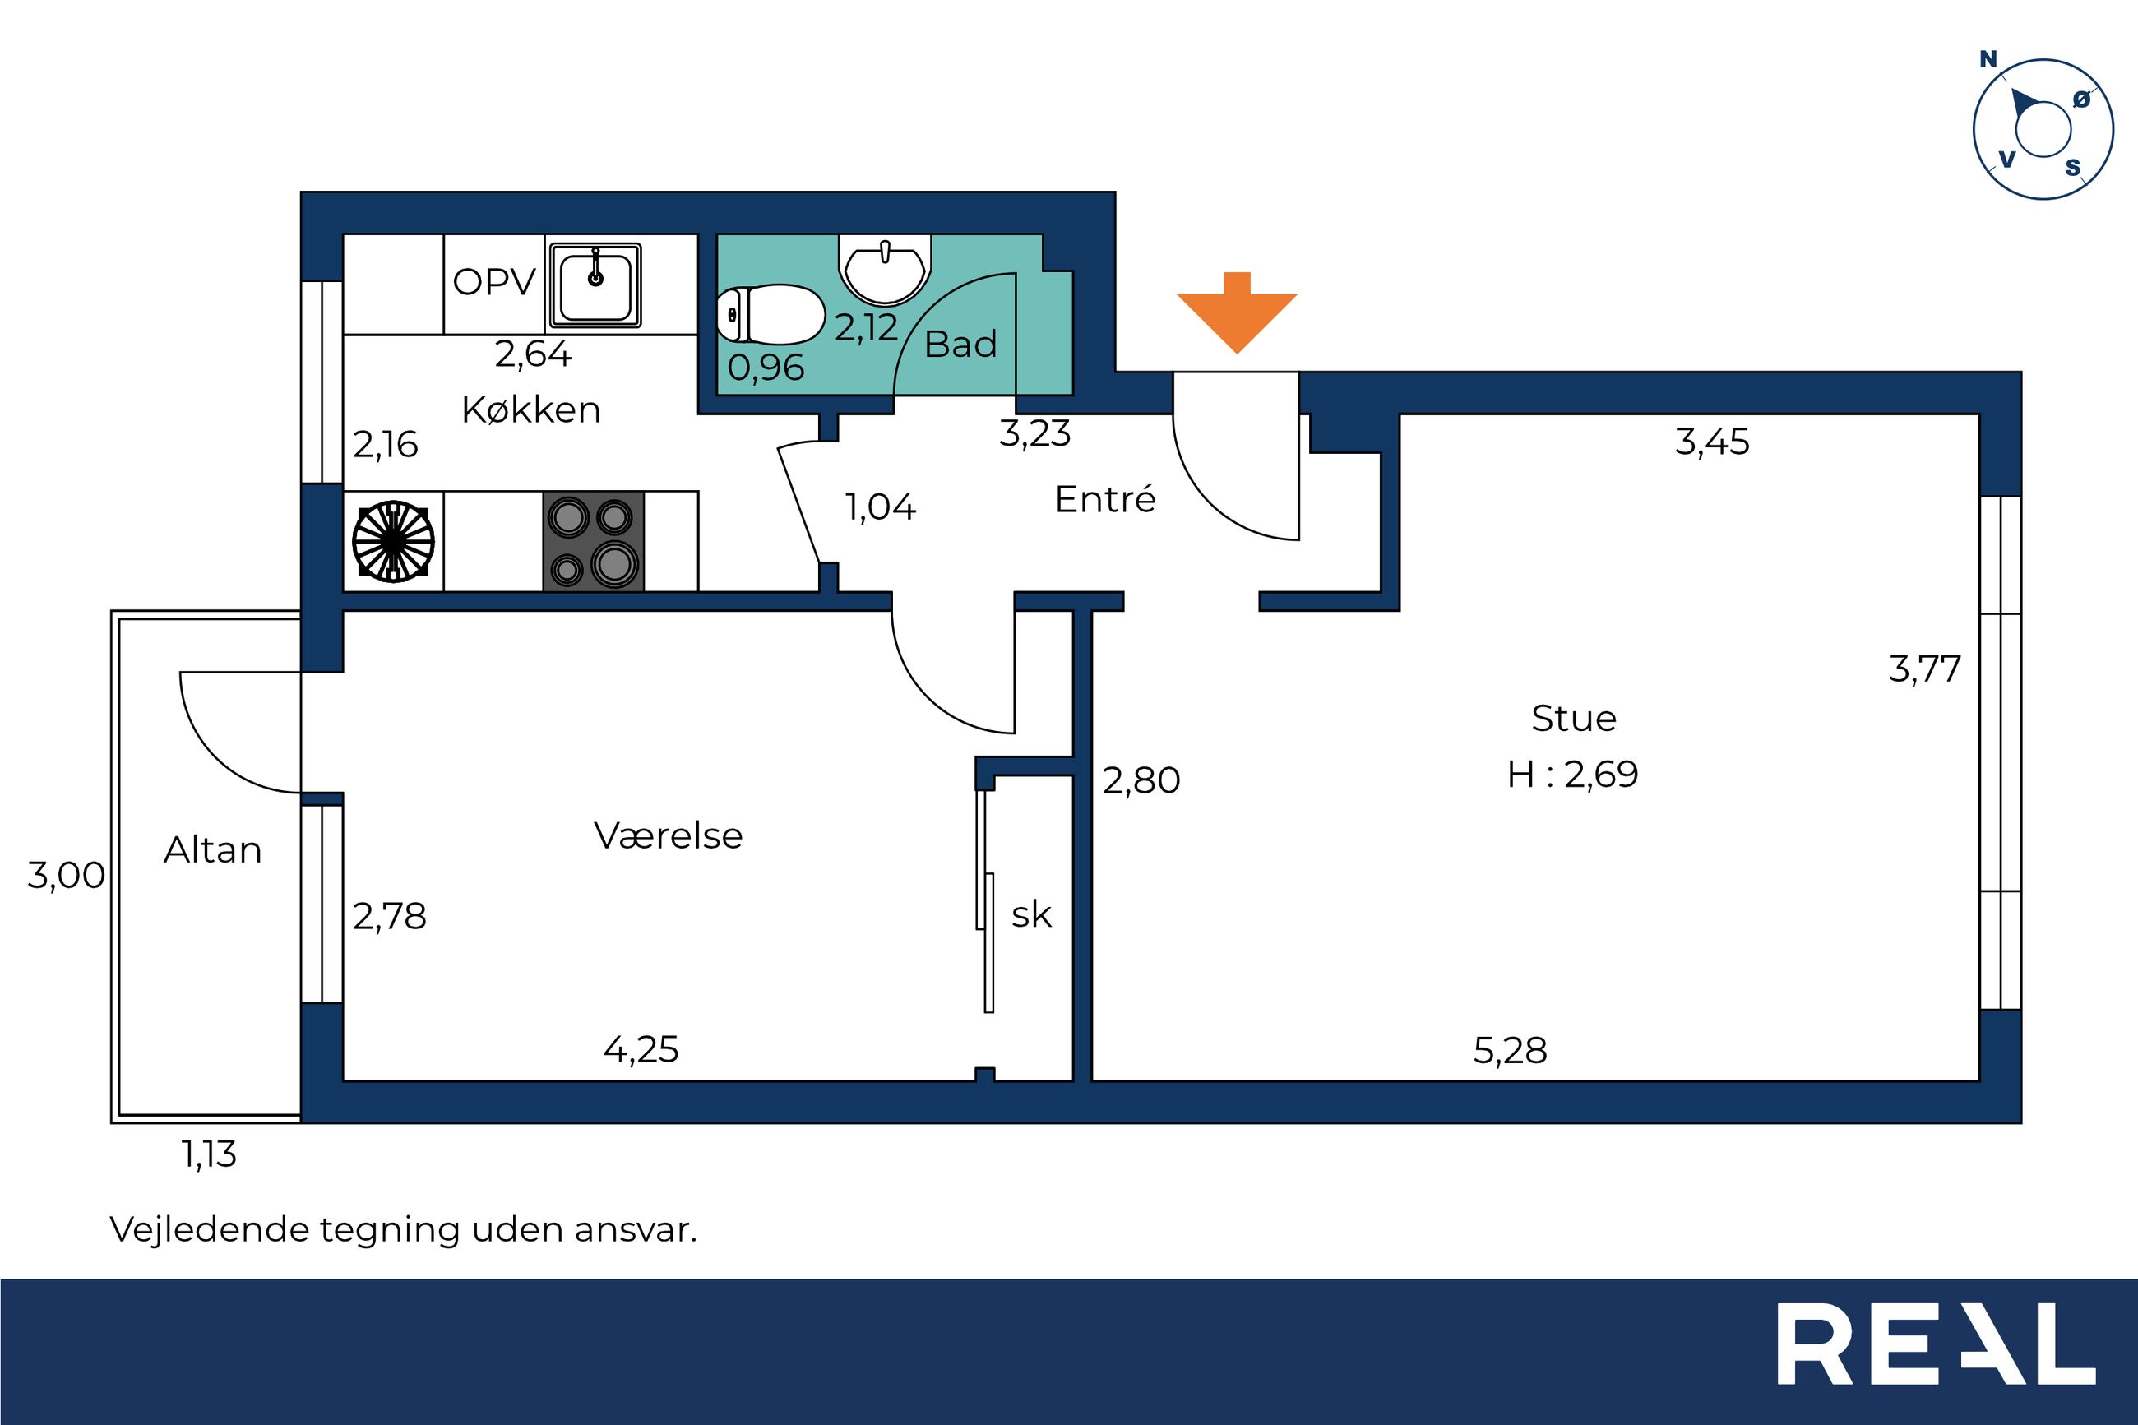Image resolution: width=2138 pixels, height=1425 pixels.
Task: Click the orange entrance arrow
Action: pyautogui.click(x=1237, y=312)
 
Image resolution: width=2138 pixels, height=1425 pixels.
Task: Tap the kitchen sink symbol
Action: pyautogui.click(x=595, y=285)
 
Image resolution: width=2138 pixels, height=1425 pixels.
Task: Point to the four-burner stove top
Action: pyautogui.click(x=594, y=542)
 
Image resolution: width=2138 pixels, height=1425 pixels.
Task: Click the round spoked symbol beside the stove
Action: pyautogui.click(x=392, y=541)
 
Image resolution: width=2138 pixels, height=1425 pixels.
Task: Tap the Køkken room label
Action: pyautogui.click(x=530, y=409)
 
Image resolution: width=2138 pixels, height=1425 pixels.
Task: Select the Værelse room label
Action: pyautogui.click(x=668, y=835)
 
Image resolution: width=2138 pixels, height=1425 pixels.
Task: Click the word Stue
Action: pyautogui.click(x=1574, y=719)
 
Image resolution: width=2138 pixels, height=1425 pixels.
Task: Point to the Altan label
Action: pyautogui.click(x=213, y=849)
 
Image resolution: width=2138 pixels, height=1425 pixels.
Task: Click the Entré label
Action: pyautogui.click(x=1105, y=498)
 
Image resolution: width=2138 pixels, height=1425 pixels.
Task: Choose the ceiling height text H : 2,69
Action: pyautogui.click(x=1573, y=775)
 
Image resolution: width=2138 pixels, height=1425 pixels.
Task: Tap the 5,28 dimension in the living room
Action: pyautogui.click(x=1509, y=1051)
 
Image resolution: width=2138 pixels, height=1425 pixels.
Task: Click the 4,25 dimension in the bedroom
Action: pyautogui.click(x=641, y=1050)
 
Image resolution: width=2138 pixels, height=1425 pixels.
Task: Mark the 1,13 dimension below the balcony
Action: pyautogui.click(x=209, y=1154)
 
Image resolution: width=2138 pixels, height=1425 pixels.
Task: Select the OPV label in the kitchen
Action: pyautogui.click(x=494, y=282)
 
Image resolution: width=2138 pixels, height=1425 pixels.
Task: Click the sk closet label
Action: pyautogui.click(x=1031, y=914)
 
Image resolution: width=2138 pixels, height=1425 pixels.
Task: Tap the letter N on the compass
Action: pyautogui.click(x=1988, y=59)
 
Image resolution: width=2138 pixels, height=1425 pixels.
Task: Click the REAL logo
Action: pyautogui.click(x=1936, y=1357)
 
